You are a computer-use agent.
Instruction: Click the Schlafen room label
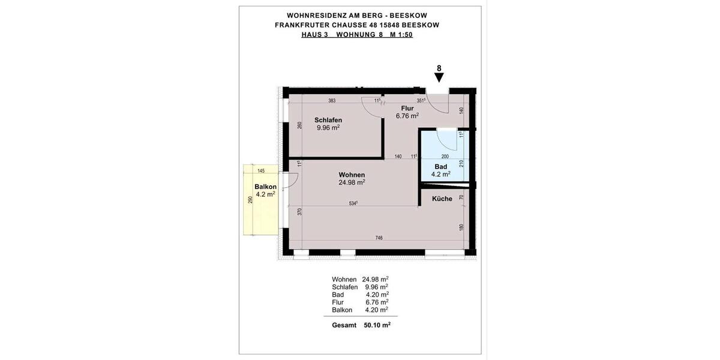[328, 120]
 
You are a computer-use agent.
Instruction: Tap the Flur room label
[407, 108]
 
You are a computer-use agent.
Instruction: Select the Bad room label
[441, 167]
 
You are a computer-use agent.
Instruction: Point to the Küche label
[442, 199]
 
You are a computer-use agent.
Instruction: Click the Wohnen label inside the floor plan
[352, 175]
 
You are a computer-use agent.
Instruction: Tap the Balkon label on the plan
[265, 187]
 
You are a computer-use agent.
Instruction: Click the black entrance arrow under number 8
[439, 77]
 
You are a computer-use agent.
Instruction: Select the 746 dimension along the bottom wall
[379, 238]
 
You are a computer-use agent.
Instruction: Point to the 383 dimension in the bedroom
[332, 100]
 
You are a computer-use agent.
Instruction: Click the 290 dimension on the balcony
[250, 200]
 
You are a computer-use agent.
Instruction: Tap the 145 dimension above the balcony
[260, 171]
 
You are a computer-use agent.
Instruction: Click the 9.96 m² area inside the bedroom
[328, 128]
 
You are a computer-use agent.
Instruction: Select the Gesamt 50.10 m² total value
[377, 325]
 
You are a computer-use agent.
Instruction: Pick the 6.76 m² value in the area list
[376, 302]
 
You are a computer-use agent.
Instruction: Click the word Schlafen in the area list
[345, 287]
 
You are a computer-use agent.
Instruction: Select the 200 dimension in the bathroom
[445, 156]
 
